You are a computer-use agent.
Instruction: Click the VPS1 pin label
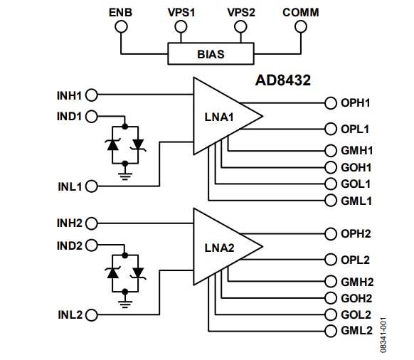point(181,13)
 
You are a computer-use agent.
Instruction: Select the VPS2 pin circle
point(241,27)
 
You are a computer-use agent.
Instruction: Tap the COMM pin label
point(300,13)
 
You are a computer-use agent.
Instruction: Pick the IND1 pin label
point(70,116)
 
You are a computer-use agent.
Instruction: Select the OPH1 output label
point(355,103)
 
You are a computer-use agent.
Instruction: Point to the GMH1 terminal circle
point(330,151)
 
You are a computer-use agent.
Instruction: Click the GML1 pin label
point(356,201)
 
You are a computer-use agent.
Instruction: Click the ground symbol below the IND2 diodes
point(125,301)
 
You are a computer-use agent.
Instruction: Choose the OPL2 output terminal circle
point(330,260)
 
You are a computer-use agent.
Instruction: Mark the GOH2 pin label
point(356,299)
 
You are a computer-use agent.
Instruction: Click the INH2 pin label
point(70,223)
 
